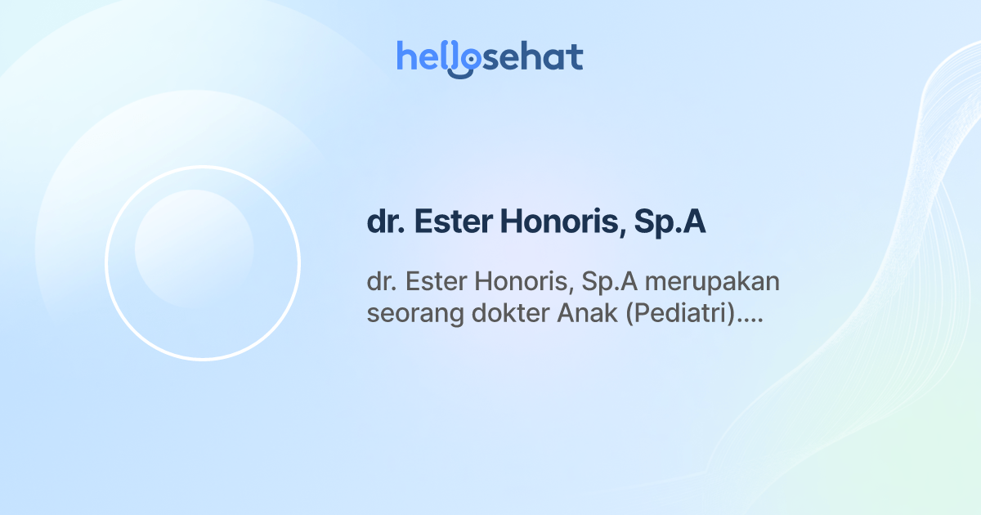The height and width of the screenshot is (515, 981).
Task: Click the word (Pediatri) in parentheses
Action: [680, 315]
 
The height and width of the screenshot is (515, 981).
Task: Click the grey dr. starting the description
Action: [381, 282]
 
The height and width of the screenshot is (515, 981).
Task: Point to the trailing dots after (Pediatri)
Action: [749, 320]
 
